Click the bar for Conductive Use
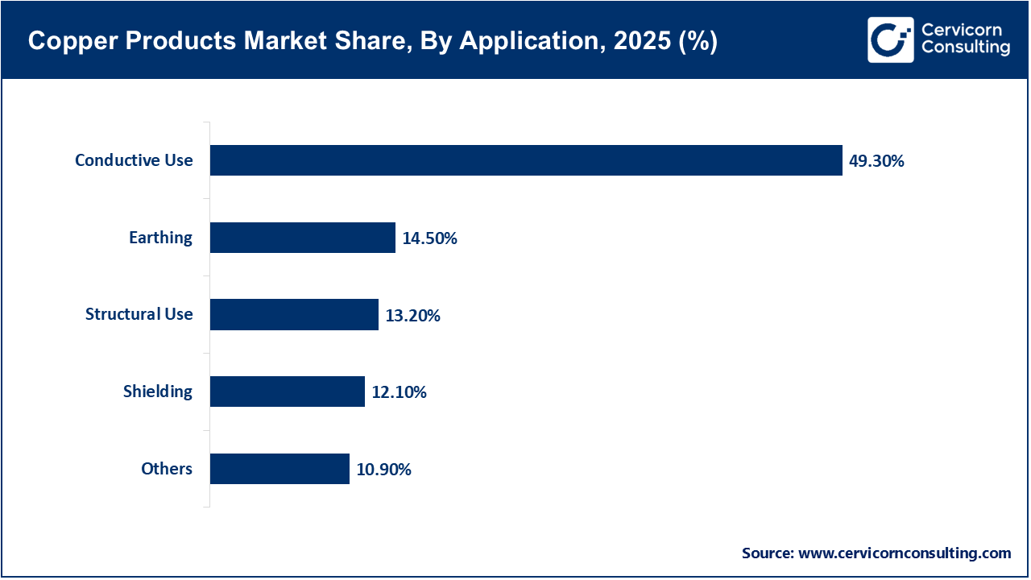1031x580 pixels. point(526,160)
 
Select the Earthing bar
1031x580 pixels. point(303,238)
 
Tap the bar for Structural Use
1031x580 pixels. point(294,314)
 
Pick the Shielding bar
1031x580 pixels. point(288,391)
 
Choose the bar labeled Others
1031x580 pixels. point(279,469)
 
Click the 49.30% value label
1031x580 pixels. point(876,161)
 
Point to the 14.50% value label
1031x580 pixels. point(429,238)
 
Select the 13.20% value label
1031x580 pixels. point(412,316)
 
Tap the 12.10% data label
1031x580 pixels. point(399,392)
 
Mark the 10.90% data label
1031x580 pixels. point(383,470)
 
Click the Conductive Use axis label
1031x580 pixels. point(134,160)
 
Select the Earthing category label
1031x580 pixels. point(160,238)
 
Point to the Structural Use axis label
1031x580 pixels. point(139,314)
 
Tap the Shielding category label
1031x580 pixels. point(158,391)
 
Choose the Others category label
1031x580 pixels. point(167,469)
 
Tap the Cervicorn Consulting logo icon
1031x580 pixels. point(890,39)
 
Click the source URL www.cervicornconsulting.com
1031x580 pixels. point(904,553)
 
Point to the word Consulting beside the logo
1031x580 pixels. point(965,48)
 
